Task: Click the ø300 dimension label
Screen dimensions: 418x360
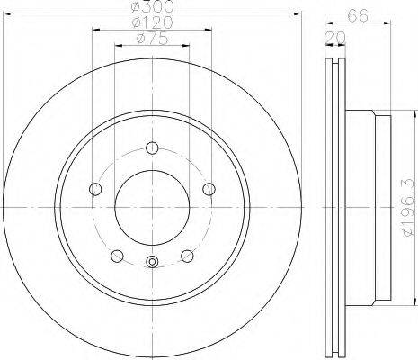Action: point(152,6)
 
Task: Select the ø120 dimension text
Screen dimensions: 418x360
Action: point(152,22)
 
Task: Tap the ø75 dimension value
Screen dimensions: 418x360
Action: point(152,39)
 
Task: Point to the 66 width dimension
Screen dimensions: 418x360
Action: point(358,15)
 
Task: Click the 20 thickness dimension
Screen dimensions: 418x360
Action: point(335,38)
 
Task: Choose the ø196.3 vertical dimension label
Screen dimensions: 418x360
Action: point(410,208)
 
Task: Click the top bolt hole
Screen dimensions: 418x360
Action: point(152,148)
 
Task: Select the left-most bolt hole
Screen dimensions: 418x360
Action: point(95,189)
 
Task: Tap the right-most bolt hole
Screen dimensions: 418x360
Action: point(209,189)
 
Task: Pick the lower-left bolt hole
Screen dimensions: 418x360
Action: point(117,256)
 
